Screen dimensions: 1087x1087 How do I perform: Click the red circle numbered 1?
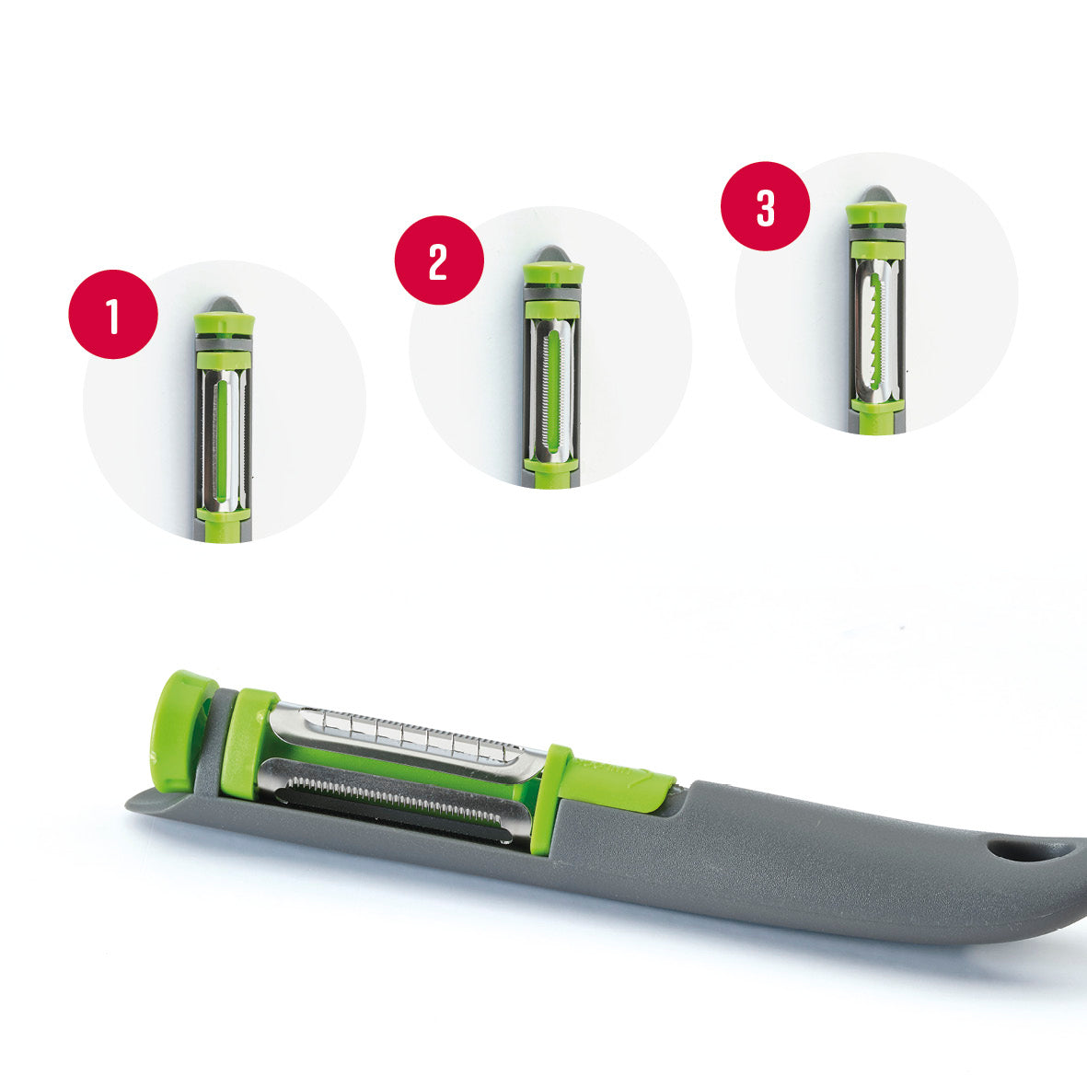(113, 314)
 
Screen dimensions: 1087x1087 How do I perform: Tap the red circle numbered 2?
(439, 260)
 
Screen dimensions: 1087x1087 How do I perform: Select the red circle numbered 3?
(765, 206)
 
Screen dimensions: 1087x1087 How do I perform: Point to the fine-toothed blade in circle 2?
(551, 397)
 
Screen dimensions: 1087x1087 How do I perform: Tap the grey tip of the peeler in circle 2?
(552, 253)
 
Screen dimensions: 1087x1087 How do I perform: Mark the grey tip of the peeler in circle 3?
(875, 194)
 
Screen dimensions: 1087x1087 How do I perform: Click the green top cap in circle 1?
(225, 324)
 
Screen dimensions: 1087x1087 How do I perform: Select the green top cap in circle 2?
(552, 273)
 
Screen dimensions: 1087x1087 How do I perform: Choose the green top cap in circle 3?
(876, 214)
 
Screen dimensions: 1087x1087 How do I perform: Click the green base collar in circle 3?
(876, 406)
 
